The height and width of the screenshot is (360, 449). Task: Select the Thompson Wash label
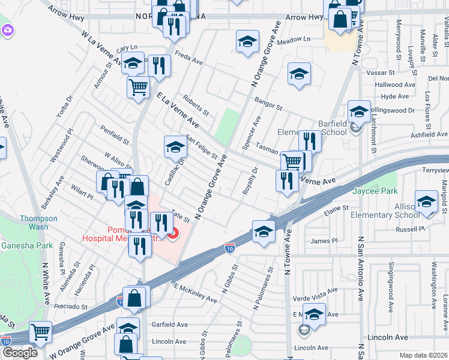(x=38, y=223)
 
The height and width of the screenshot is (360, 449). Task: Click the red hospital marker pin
(x=173, y=233)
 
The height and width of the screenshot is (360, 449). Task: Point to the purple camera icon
(x=7, y=29)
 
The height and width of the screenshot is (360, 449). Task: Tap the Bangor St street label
(x=268, y=103)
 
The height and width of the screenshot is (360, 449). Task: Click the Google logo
(x=20, y=353)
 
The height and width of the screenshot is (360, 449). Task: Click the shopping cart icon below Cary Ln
(x=138, y=87)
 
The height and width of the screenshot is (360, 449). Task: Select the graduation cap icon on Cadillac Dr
(x=175, y=146)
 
